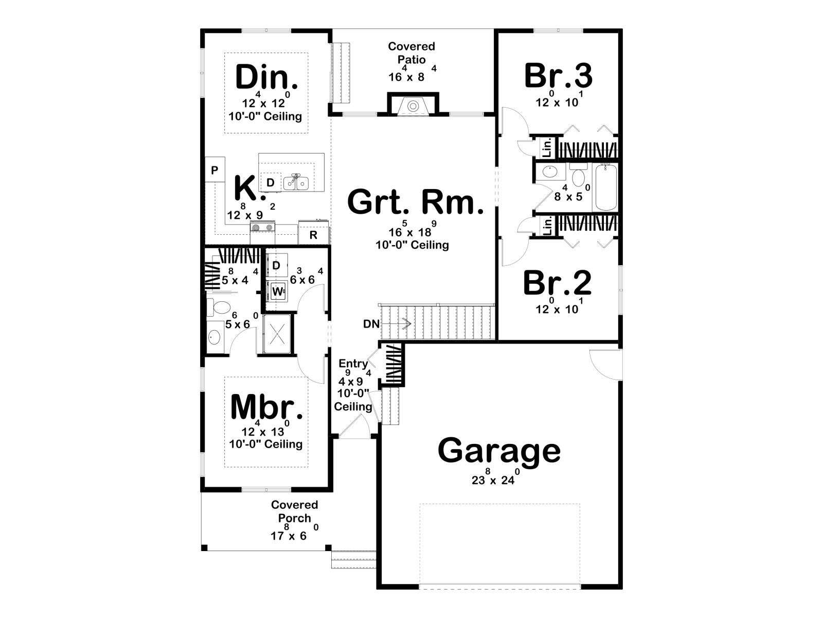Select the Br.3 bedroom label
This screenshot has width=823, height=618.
tap(558, 75)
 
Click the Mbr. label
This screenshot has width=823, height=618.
tap(266, 406)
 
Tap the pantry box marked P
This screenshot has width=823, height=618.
tap(215, 169)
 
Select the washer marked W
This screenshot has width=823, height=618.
tap(277, 291)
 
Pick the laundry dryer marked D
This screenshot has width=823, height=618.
tap(277, 265)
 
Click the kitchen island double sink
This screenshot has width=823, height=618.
tap(296, 183)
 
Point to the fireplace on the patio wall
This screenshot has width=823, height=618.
tap(413, 105)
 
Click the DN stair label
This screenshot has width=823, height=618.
tap(371, 324)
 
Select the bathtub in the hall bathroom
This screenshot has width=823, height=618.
tap(605, 187)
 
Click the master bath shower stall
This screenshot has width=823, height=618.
tap(277, 334)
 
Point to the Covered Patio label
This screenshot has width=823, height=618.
tap(411, 53)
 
